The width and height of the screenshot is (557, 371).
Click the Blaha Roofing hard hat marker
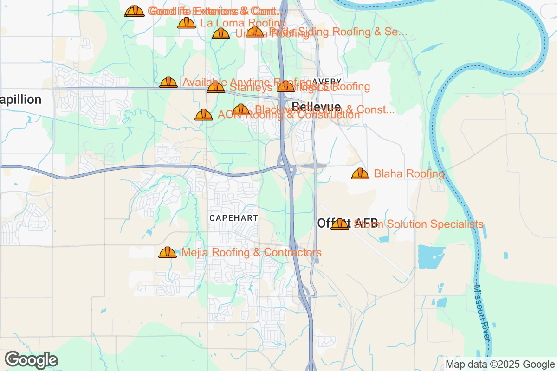coord(360,174)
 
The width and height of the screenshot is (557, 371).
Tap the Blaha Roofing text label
coord(409,174)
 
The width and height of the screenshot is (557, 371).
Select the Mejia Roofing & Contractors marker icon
coord(168,253)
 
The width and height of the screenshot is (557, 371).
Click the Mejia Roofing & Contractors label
coord(252,253)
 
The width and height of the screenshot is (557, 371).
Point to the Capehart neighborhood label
coord(233,217)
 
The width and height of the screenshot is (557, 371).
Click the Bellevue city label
coord(317,107)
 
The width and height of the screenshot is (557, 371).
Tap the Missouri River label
coord(481,313)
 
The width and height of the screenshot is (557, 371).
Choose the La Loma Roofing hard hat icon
coord(187,23)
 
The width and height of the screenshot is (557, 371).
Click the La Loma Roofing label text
coord(243,23)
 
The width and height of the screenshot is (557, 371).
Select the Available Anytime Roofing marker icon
coord(168,83)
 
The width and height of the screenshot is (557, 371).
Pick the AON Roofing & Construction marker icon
coord(204,115)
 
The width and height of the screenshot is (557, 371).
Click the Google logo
coord(32,360)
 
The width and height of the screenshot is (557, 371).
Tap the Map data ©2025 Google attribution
coord(500,364)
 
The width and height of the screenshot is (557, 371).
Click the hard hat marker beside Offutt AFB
coord(340,224)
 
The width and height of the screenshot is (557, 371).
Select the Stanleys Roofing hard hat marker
coord(216,87)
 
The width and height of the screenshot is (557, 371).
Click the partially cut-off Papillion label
coord(21,100)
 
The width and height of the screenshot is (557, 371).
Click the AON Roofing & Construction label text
coord(289,115)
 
